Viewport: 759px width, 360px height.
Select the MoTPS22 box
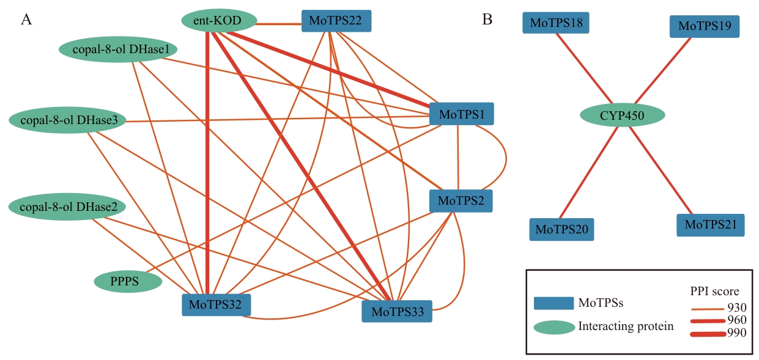336,22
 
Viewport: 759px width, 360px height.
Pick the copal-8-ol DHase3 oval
67,120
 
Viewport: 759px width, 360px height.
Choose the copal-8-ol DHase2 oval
67,207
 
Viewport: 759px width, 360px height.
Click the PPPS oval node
128,281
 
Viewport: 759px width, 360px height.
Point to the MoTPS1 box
462,114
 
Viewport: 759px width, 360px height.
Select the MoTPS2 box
461,200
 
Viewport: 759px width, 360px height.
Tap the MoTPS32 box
216,304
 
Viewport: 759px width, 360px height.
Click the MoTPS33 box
396,311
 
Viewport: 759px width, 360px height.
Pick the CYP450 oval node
621,115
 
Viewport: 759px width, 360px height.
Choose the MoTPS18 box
556,23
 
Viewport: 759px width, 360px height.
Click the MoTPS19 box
705,26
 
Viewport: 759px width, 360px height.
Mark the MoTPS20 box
561,229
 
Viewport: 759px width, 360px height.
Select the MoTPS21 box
710,225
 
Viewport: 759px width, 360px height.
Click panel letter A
26,20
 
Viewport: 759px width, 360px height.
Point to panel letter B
487,20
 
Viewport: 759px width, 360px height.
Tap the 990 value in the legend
737,333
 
